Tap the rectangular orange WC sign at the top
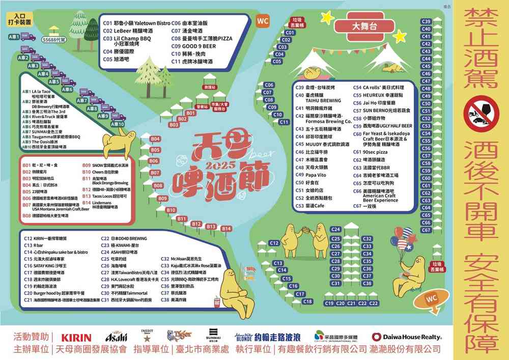[x=263, y=21]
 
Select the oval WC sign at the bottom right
[x=431, y=298]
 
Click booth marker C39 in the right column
[x=427, y=21]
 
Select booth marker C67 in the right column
[x=427, y=230]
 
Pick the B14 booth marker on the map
[x=226, y=229]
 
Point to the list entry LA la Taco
[x=43, y=91]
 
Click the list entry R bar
[x=41, y=245]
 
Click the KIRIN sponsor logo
[x=76, y=337]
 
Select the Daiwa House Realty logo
[x=407, y=337]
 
